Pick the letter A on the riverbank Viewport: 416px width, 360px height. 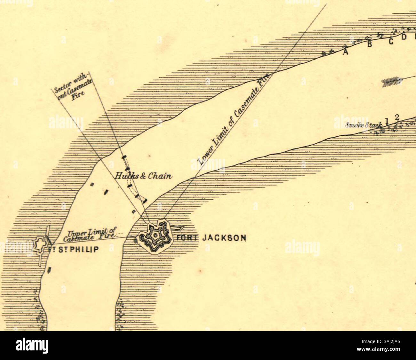point(345,52)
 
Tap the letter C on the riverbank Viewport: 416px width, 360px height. point(391,42)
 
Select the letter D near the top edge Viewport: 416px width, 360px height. point(404,37)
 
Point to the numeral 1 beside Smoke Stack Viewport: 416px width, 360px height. point(387,121)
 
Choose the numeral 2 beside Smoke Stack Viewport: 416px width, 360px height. point(397,118)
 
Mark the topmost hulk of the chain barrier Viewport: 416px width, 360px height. point(124,157)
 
